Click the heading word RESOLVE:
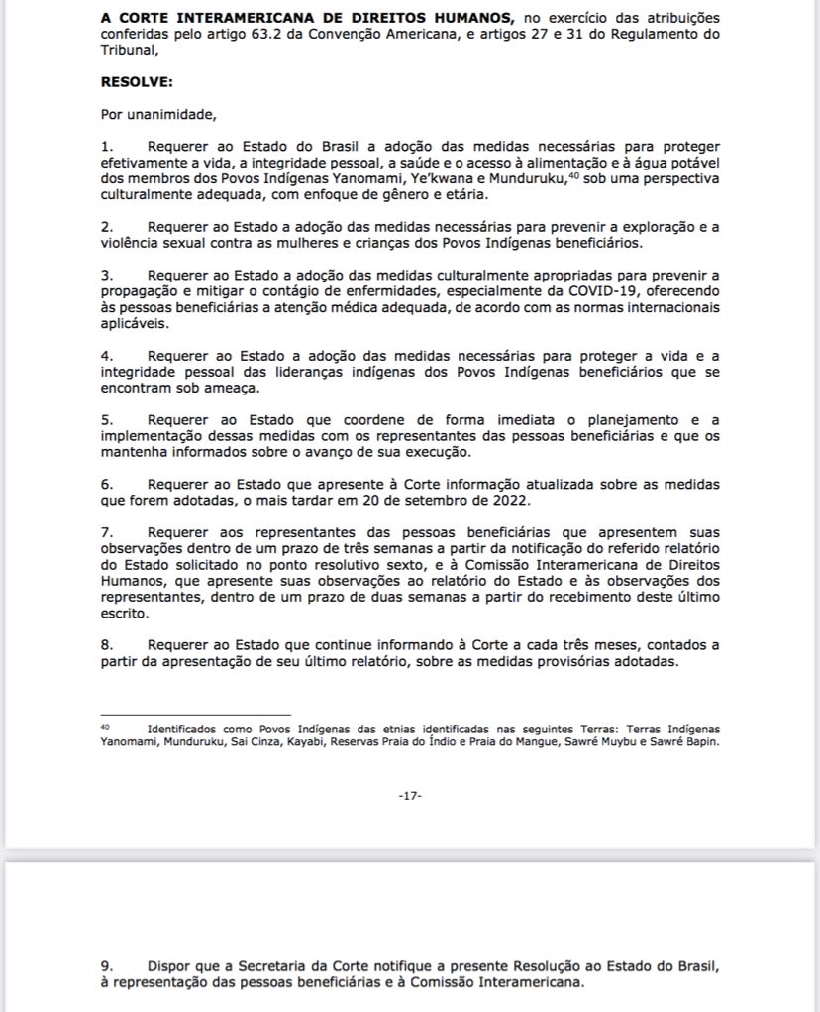point(137,83)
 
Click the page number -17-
point(410,796)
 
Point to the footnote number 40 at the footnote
point(105,726)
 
